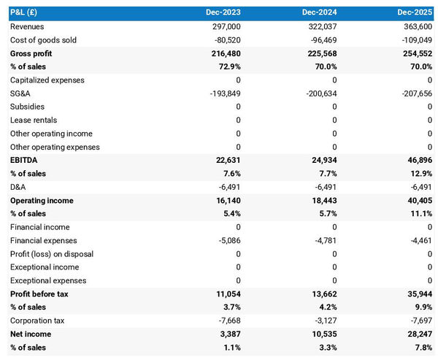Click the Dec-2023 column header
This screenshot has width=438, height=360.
click(x=223, y=12)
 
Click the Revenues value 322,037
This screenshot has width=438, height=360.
click(x=322, y=26)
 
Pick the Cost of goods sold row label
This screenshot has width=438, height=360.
click(x=43, y=39)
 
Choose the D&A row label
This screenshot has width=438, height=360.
click(x=18, y=187)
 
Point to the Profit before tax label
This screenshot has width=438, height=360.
click(x=39, y=294)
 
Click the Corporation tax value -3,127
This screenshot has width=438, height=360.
click(x=324, y=321)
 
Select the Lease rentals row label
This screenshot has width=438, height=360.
click(x=33, y=120)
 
